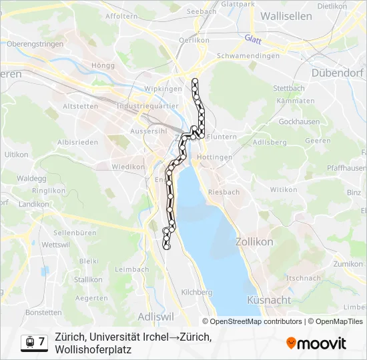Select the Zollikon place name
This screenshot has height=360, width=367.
click(x=254, y=242)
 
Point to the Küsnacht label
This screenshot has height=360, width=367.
click(x=268, y=300)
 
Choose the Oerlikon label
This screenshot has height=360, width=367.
click(x=194, y=40)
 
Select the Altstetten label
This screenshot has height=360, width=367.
click(x=79, y=106)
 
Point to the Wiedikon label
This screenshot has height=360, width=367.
click(x=124, y=167)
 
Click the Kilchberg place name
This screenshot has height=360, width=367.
click(x=196, y=292)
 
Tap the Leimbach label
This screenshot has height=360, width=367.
click(x=131, y=269)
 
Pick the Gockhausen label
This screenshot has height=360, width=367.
click(x=295, y=122)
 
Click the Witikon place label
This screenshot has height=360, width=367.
click(x=283, y=189)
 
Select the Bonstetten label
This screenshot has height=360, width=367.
click(x=43, y=312)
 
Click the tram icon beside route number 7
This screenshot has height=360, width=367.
click(x=29, y=343)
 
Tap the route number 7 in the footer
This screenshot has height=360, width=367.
click(x=42, y=342)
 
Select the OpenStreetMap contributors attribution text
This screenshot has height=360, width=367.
click(x=256, y=321)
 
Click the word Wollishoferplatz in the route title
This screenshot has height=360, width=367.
click(x=93, y=349)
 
